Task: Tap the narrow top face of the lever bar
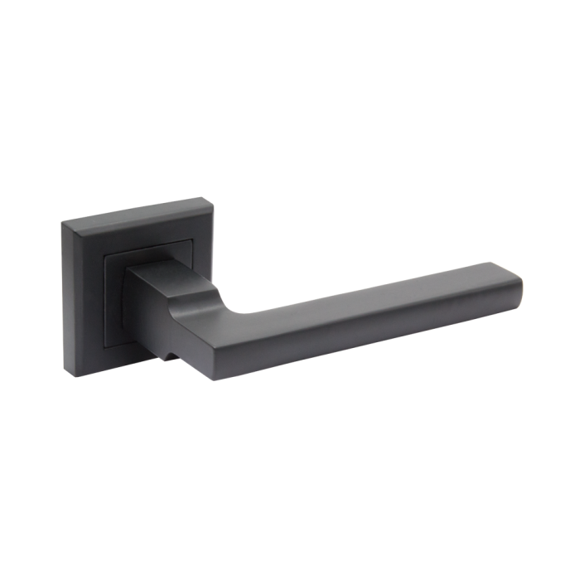coord(373,282)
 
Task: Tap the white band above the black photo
coord(290,58)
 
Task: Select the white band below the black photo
coord(290,522)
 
